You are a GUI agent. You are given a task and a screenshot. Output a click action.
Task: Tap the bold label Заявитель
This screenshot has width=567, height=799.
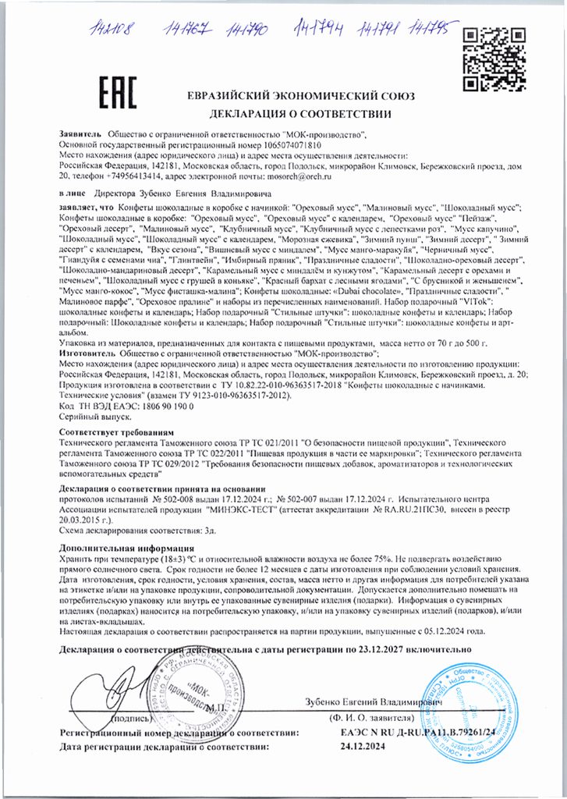tap(81, 135)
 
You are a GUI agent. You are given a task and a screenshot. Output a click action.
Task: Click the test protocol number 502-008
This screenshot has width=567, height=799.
tap(179, 497)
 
